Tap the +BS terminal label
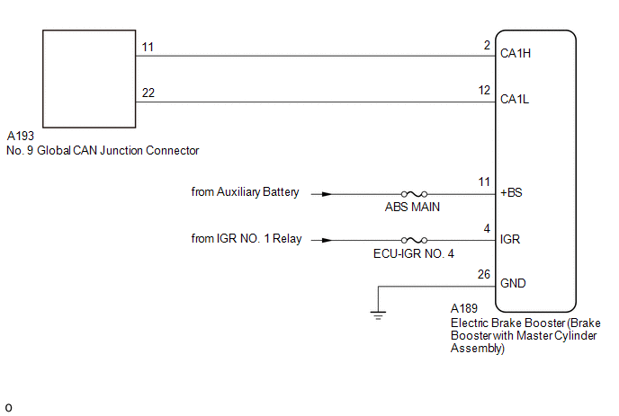(x=510, y=193)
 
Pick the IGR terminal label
(x=509, y=240)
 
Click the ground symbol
(x=379, y=314)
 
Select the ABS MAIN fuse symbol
(x=414, y=193)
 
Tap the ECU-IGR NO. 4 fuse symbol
(x=414, y=240)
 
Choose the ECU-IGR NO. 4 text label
(x=414, y=254)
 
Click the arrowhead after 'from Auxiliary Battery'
(x=326, y=193)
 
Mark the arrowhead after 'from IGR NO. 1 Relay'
(x=326, y=240)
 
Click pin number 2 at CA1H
(x=486, y=44)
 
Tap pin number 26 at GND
(x=483, y=275)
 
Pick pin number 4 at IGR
(x=486, y=229)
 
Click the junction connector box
(x=88, y=79)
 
